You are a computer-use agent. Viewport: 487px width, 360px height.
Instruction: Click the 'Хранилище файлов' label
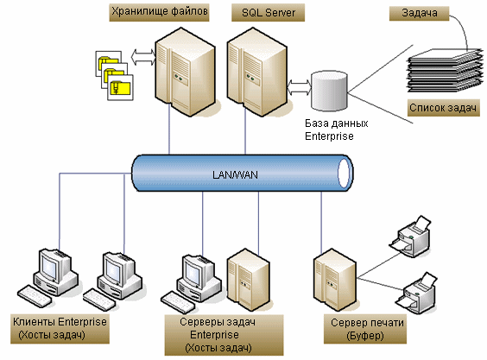(159, 12)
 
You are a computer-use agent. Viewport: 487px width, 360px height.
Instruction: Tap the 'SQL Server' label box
(268, 12)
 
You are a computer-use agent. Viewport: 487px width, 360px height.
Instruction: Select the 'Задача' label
(420, 13)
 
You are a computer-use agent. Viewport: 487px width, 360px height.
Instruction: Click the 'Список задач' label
(443, 108)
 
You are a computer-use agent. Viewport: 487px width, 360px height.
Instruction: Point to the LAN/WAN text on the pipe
(235, 175)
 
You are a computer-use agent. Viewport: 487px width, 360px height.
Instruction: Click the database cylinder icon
(329, 91)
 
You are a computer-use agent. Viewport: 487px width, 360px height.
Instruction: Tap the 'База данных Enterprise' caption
(337, 129)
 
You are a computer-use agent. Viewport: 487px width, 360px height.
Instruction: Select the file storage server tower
(185, 72)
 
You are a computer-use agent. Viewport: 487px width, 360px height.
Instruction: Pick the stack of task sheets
(445, 71)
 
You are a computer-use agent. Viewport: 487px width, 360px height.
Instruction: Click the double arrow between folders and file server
(143, 57)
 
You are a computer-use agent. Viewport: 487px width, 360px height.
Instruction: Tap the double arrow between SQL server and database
(300, 87)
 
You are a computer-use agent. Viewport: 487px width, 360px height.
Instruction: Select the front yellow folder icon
(120, 87)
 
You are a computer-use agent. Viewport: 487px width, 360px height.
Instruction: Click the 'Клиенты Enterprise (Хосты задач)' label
(60, 329)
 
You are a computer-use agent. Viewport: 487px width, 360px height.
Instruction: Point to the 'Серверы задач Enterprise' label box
(224, 335)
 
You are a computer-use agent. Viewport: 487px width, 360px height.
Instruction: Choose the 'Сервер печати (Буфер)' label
(365, 329)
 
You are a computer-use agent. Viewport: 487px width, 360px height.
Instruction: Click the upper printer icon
(410, 237)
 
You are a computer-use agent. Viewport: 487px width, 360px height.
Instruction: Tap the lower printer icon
(416, 294)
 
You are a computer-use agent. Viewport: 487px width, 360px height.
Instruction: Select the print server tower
(335, 280)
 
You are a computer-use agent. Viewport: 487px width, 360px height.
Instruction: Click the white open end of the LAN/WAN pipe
(344, 173)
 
